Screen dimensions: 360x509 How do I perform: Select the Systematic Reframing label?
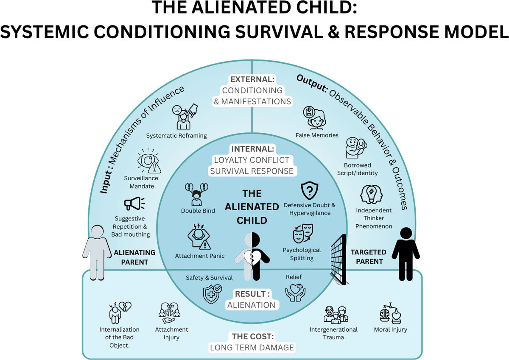pos(176,136)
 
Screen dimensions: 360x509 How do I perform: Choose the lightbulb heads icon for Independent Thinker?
pos(371,195)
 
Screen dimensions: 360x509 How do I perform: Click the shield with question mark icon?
pos(309,191)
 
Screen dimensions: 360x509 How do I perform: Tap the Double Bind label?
pos(198,211)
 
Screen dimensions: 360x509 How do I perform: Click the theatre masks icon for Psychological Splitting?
pos(302,234)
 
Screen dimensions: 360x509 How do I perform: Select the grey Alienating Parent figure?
pos(97,253)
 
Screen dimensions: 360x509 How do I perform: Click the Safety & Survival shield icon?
pos(213,293)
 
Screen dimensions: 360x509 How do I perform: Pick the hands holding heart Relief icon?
pos(294,292)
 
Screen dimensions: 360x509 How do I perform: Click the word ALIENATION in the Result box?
pos(251,305)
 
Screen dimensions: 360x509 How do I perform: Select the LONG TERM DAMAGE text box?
pos(252,348)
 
